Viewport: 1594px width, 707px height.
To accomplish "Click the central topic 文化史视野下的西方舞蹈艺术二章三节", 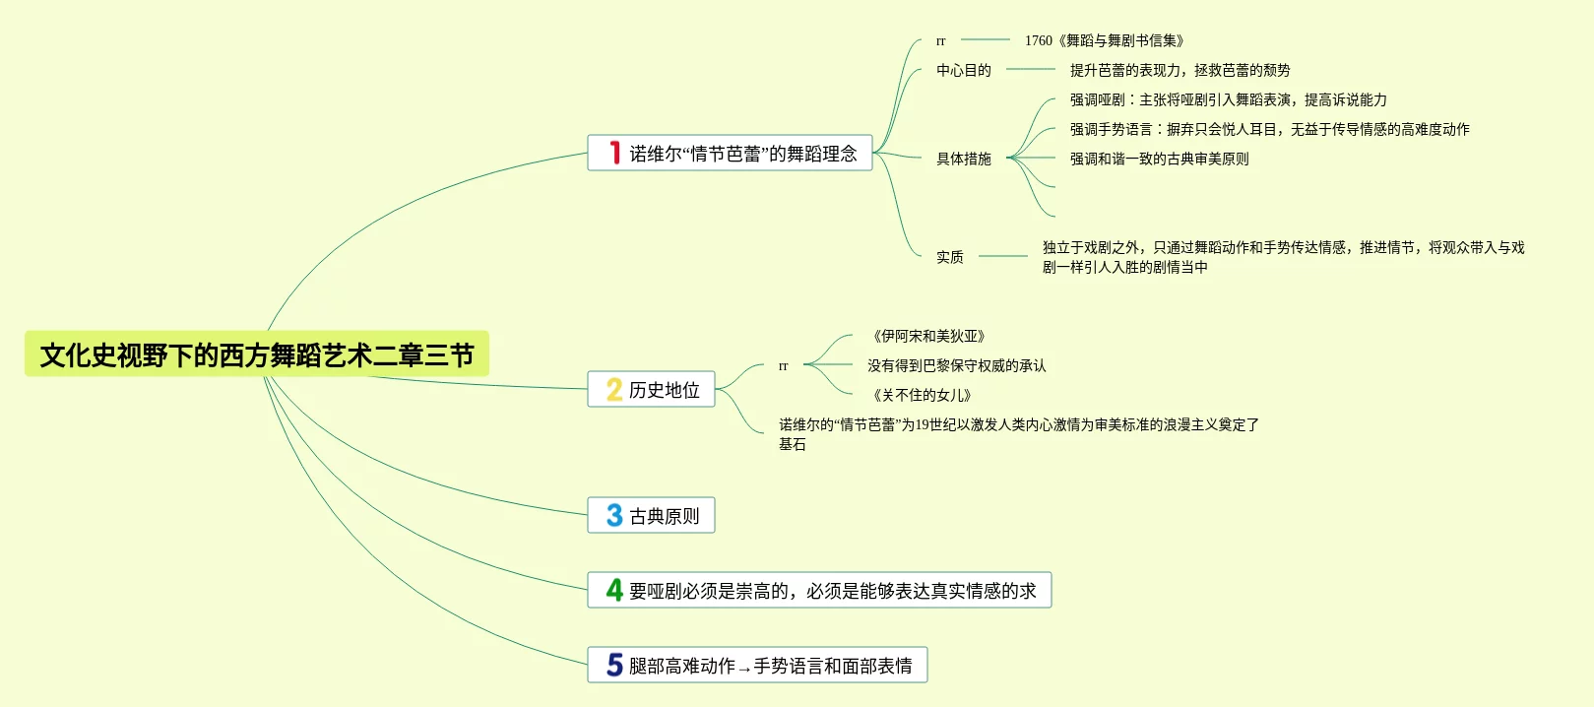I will tap(257, 354).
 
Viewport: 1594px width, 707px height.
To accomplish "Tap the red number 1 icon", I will tap(614, 154).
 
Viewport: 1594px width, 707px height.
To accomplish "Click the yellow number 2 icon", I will tap(614, 390).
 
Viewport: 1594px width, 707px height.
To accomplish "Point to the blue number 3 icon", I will tap(614, 516).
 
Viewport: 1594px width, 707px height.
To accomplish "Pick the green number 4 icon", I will tap(614, 591).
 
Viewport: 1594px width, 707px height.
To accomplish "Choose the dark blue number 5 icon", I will tap(614, 666).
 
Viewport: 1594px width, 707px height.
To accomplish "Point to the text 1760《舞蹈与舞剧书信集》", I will tap(1104, 40).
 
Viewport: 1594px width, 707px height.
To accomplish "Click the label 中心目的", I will tap(963, 70).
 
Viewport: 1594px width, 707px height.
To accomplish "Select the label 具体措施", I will tap(963, 159).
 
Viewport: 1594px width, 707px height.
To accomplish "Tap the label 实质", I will tap(949, 257).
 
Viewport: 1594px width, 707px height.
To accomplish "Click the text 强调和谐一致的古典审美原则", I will tap(1159, 159).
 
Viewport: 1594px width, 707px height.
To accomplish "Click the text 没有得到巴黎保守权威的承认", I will tap(956, 365).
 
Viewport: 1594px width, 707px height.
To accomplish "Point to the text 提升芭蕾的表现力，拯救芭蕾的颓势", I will tap(1180, 70).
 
